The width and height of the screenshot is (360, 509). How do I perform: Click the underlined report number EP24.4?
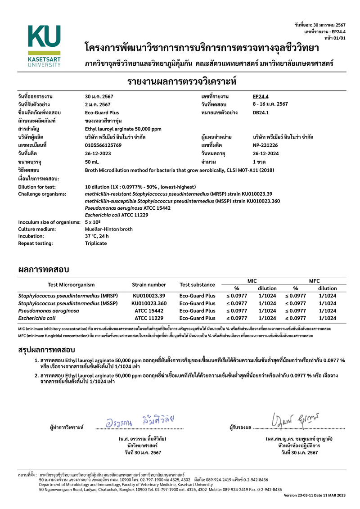pos(261,97)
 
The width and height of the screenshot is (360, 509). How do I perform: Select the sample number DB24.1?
pos(261,113)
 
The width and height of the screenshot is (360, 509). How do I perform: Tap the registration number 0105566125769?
pos(103,145)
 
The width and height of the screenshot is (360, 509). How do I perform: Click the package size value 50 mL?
pos(92,161)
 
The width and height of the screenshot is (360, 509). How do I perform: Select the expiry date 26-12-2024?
pos(266,153)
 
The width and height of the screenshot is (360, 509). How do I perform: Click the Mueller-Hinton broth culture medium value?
pos(108,229)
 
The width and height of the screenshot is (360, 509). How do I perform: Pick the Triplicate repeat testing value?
pos(96,243)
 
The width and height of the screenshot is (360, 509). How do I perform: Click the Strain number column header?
pos(149,284)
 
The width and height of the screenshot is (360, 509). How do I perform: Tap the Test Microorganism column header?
pos(72,284)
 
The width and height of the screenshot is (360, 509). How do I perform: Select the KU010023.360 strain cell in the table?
pos(149,303)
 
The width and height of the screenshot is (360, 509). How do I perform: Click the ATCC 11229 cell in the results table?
pos(149,318)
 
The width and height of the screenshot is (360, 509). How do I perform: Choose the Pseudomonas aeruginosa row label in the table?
pos(49,311)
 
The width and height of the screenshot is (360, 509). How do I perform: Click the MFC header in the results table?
pos(314,280)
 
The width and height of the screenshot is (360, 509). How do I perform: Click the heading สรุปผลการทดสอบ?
pos(46,350)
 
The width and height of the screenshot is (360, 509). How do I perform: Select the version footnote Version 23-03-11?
pos(315,495)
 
